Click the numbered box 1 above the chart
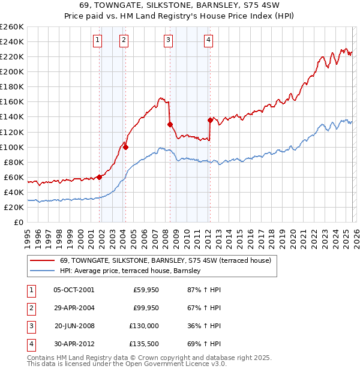[97, 40]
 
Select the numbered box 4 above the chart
[208, 40]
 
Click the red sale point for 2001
[99, 177]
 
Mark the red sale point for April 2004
[126, 146]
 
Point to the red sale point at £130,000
[170, 124]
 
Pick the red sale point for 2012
[210, 120]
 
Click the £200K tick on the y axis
[12, 71]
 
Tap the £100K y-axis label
[12, 147]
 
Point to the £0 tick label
[18, 223]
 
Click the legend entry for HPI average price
[130, 271]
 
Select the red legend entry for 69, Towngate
[165, 260]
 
